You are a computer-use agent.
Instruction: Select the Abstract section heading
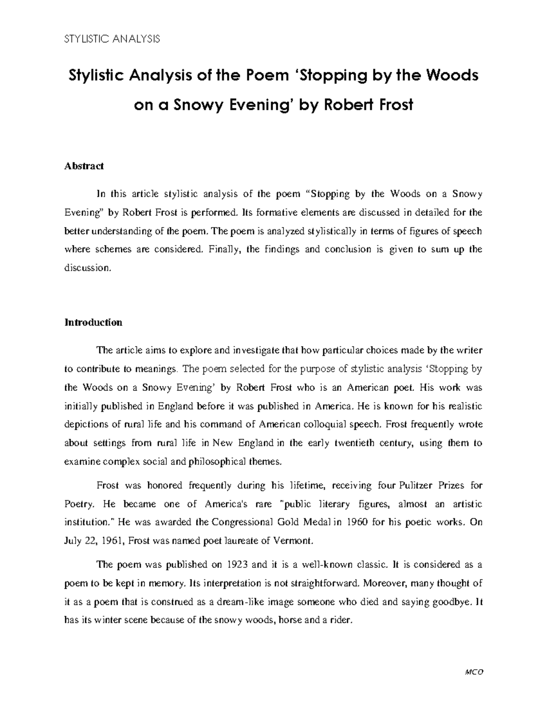(84, 166)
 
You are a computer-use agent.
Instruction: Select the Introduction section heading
(93, 322)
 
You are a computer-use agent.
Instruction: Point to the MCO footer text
(474, 672)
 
